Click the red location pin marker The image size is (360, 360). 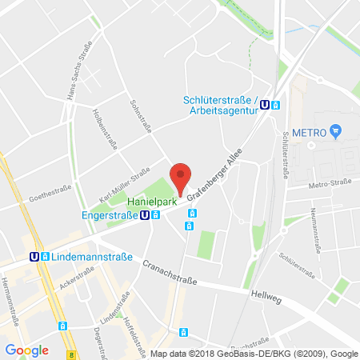click(x=182, y=178)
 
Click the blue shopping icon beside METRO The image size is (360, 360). click(x=336, y=130)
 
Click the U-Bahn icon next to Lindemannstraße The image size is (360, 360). click(x=34, y=257)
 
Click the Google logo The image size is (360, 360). click(x=26, y=350)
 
